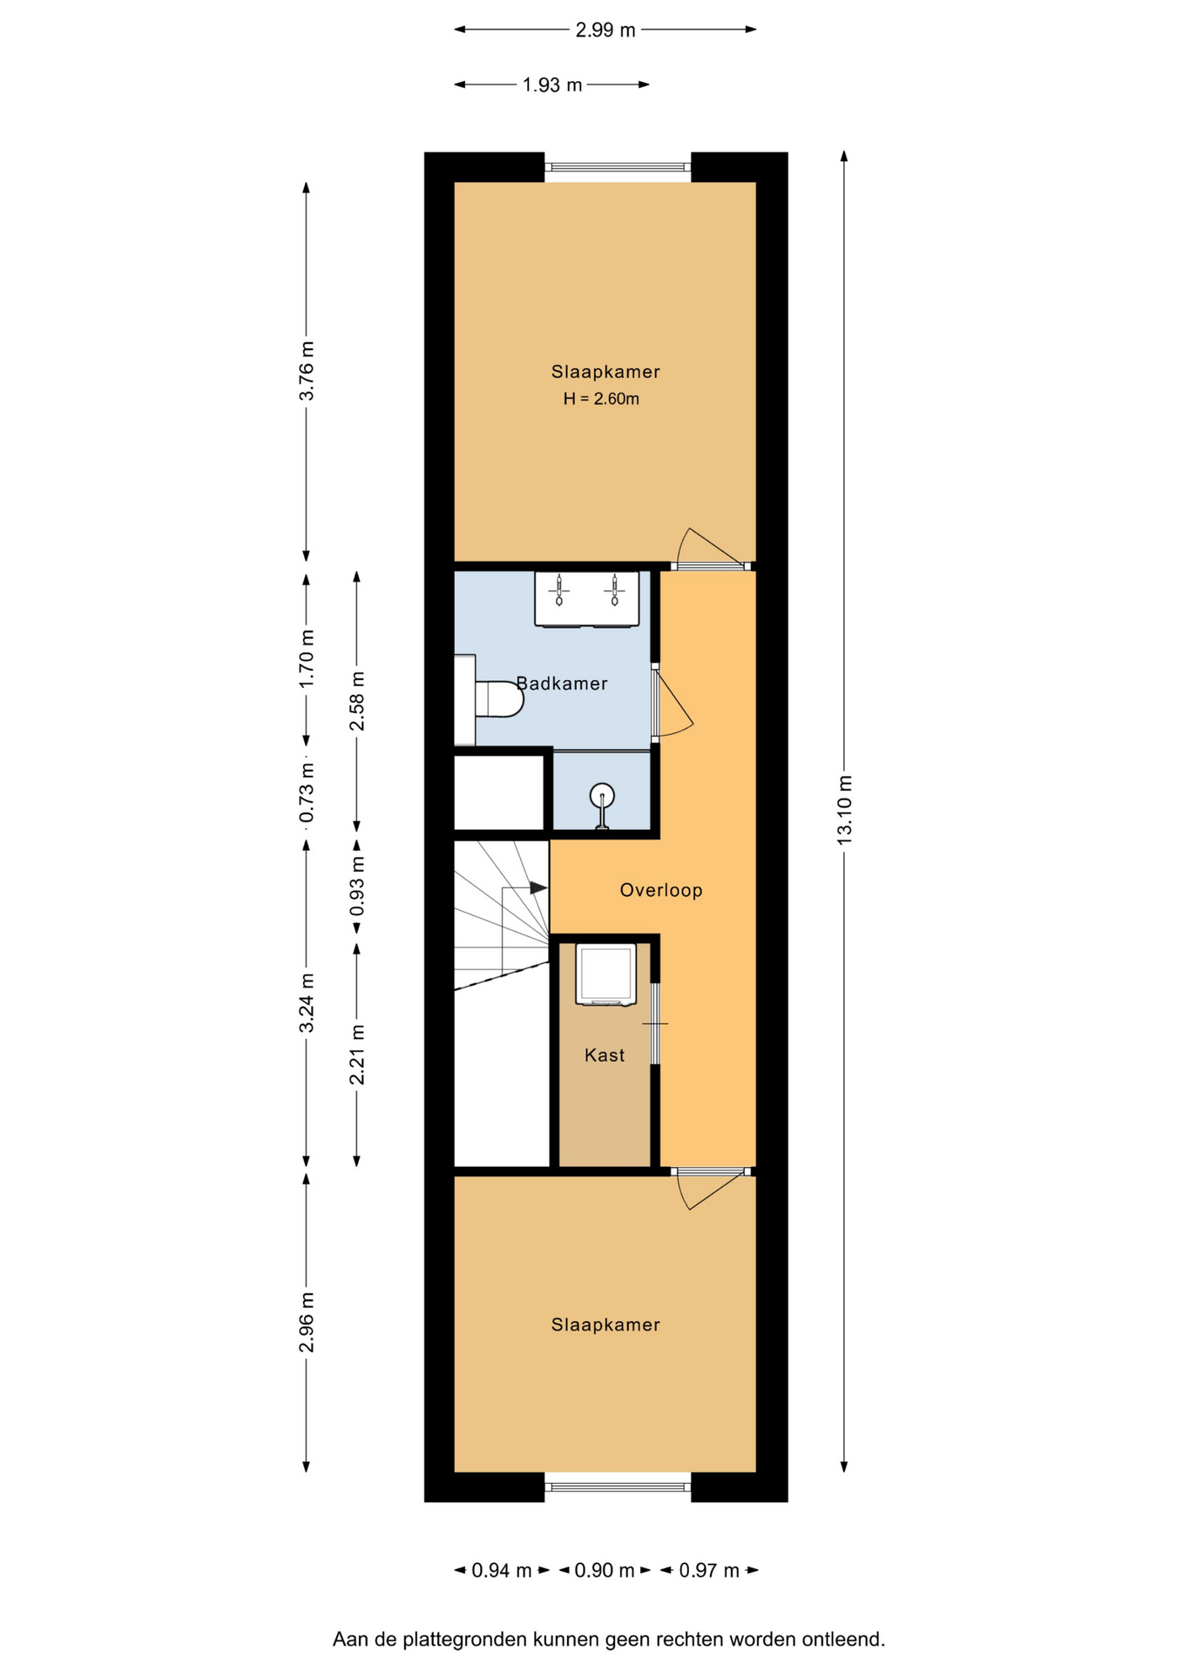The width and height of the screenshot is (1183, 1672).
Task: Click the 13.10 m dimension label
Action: [x=844, y=808]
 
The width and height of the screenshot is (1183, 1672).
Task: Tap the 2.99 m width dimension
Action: [x=605, y=30]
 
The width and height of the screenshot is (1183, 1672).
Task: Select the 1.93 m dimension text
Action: [x=552, y=84]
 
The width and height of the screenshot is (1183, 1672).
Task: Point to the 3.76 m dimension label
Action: [x=306, y=370]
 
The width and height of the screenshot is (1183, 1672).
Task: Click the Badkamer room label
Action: [x=562, y=684]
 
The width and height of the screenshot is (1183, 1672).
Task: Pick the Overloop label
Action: [x=661, y=890]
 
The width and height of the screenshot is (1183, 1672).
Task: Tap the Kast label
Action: [x=605, y=1055]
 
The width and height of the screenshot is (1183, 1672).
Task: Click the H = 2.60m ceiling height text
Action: [x=601, y=400]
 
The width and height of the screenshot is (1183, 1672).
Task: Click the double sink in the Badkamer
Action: [x=586, y=598]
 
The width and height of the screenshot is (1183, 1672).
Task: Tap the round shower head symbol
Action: [x=602, y=796]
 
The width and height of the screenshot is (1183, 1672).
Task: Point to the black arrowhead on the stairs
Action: [x=538, y=887]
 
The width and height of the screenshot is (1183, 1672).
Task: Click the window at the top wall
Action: [x=618, y=167]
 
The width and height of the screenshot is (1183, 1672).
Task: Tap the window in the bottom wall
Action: [x=618, y=1487]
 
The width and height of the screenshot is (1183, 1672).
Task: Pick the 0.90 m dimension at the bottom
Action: [x=605, y=1570]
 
